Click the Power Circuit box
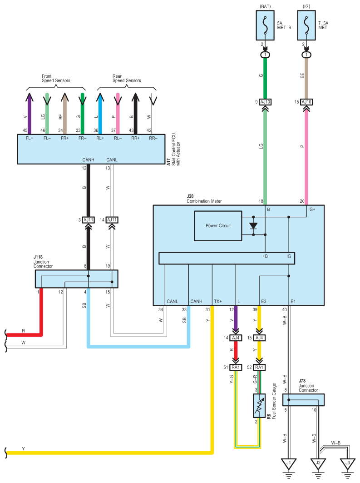(218, 226)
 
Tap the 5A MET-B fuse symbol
(265, 25)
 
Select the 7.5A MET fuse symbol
(306, 25)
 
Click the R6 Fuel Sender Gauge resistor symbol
(259, 406)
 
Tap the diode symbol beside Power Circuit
(253, 226)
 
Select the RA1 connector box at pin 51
(236, 367)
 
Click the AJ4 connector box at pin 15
(259, 338)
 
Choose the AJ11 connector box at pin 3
(89, 220)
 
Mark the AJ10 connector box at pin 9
(265, 102)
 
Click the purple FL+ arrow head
(29, 97)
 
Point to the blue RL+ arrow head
(100, 97)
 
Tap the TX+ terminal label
(218, 301)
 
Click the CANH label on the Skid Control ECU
(89, 160)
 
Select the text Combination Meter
(204, 201)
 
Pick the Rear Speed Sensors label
(127, 78)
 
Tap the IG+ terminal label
(312, 209)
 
